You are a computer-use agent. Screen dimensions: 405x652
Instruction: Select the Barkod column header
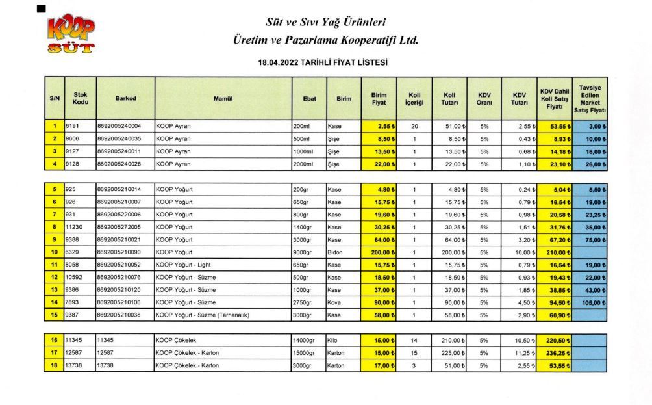(125, 98)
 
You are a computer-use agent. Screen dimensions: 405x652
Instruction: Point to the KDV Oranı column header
(484, 98)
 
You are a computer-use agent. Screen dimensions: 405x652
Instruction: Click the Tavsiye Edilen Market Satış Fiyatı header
(590, 98)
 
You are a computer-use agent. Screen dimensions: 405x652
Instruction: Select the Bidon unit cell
(336, 252)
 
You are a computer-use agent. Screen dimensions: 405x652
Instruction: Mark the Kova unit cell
(335, 302)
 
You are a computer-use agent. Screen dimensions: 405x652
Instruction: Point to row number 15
(55, 315)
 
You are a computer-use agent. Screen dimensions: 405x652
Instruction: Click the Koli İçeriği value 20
(414, 126)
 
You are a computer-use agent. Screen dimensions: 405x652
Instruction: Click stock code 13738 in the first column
(75, 365)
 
